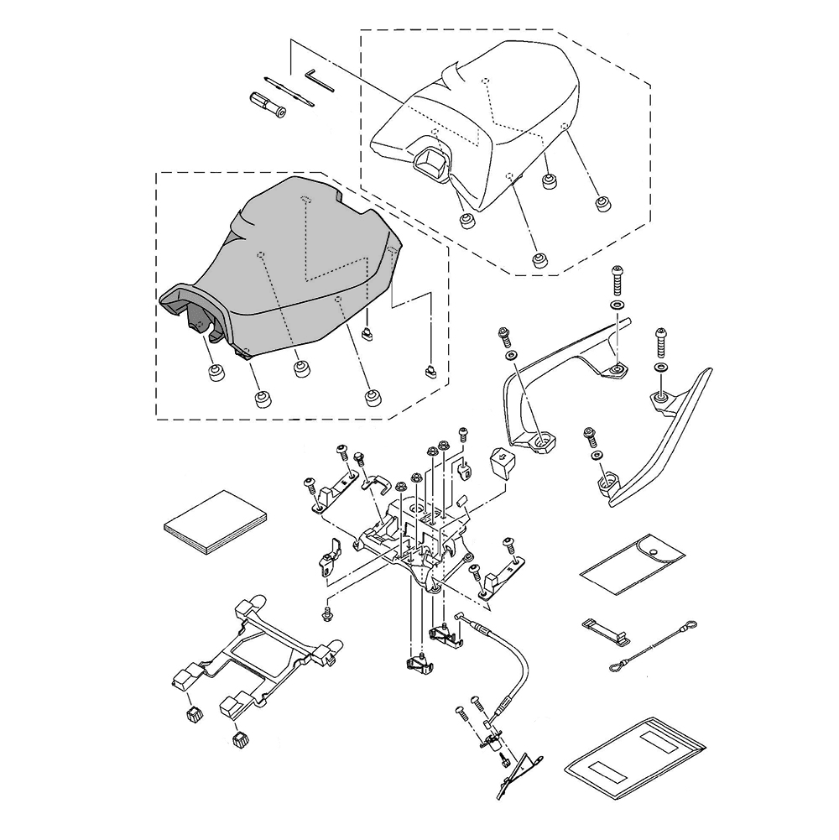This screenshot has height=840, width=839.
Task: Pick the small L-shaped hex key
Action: point(320,80)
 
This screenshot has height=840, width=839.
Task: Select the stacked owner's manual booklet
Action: point(215,521)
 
